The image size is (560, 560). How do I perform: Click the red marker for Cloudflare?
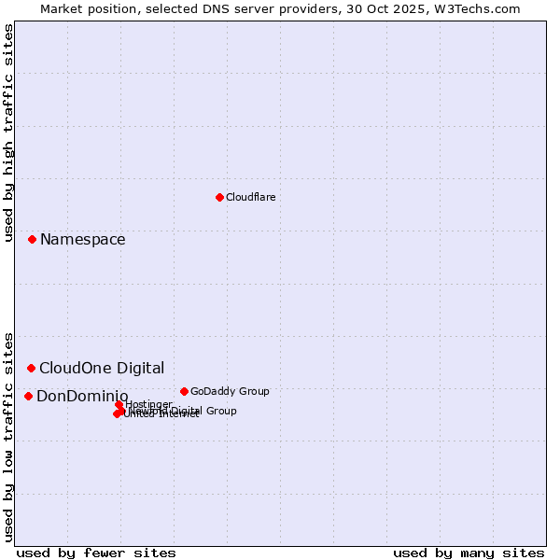click(219, 197)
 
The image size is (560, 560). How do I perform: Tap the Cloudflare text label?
click(250, 197)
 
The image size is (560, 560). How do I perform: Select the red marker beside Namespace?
click(32, 240)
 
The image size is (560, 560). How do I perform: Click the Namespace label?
click(82, 240)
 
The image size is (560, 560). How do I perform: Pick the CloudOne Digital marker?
click(31, 369)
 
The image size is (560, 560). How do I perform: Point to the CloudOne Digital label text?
click(102, 369)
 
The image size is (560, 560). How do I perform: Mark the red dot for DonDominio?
click(28, 397)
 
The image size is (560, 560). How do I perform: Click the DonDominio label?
click(82, 397)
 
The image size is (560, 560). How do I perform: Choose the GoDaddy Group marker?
click(184, 391)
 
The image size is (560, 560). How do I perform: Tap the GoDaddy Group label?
click(230, 391)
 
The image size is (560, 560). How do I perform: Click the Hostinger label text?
click(148, 404)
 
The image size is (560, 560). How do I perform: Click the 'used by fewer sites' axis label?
click(96, 553)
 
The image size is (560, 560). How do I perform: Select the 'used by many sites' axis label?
click(469, 553)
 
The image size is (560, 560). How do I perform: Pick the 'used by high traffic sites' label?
click(8, 133)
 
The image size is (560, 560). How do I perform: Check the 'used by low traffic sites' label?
click(8, 436)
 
